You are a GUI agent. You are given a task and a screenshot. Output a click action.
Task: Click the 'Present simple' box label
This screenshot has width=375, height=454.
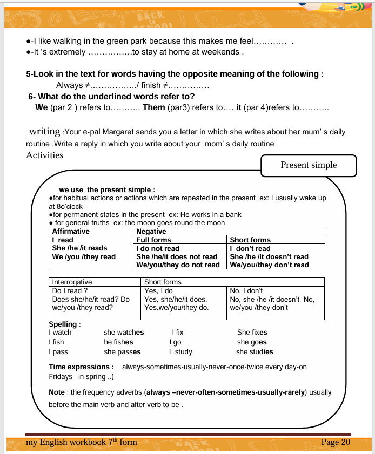point(308,165)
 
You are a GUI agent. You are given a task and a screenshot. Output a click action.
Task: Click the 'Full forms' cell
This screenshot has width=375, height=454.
point(153,240)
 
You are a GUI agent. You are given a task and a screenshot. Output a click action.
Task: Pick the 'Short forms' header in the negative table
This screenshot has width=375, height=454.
point(250,240)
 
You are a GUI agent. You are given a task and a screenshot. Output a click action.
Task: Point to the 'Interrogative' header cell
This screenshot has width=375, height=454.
point(72,282)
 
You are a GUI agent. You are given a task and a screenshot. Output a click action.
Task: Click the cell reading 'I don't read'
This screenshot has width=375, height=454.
point(250,248)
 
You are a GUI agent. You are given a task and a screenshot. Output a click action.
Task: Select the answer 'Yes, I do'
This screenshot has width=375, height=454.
point(159,290)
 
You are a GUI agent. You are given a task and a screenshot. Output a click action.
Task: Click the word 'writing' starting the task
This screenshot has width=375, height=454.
point(44,131)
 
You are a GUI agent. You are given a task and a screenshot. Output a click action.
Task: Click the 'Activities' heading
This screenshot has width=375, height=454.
point(44,155)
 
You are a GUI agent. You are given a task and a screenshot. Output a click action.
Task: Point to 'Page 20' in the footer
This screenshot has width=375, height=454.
point(336,442)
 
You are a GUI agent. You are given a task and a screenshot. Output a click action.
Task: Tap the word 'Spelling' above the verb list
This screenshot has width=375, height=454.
point(63,324)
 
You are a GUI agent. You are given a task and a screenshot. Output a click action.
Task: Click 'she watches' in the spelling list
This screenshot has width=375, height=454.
point(124,333)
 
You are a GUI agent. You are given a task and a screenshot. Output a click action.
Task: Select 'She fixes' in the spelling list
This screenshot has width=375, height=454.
point(252,333)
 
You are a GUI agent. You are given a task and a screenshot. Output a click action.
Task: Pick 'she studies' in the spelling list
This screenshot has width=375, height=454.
point(255,352)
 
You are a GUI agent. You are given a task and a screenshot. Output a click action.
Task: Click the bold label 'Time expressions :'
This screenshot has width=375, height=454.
point(81,367)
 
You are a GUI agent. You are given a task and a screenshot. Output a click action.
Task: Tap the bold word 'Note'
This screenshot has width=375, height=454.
point(57,392)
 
